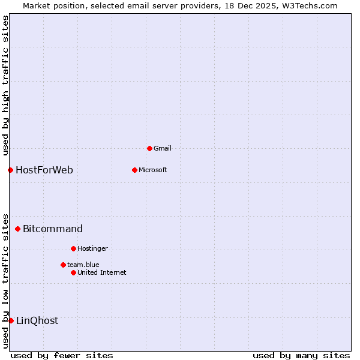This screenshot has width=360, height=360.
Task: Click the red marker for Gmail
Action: pos(149,148)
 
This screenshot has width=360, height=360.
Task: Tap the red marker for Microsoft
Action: pos(134,170)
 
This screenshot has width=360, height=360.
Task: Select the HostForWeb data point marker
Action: pos(10,170)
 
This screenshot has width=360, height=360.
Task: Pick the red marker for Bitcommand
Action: pos(17,229)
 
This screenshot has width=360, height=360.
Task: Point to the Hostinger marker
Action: pos(73,248)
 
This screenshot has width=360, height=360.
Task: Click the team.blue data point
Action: pos(63,265)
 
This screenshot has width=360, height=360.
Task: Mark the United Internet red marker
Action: pos(73,272)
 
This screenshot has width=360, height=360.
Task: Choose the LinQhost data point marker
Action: pos(11,320)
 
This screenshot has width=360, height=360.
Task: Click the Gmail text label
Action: pos(163,148)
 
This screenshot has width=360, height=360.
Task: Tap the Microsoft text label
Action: pos(153,170)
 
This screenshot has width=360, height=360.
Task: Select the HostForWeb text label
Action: pos(44,170)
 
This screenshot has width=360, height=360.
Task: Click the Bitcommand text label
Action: pos(53,229)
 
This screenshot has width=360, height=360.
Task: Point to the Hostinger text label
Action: pos(92,248)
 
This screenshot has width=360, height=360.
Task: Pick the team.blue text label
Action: pos(83,265)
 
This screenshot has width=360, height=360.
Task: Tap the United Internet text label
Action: pos(102,272)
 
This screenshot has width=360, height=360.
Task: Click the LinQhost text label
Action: pos(37,320)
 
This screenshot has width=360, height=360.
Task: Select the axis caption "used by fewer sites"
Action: pos(62,355)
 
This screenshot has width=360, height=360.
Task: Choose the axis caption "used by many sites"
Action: pos(301,355)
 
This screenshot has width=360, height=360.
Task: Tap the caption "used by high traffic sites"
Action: pos(5,84)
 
